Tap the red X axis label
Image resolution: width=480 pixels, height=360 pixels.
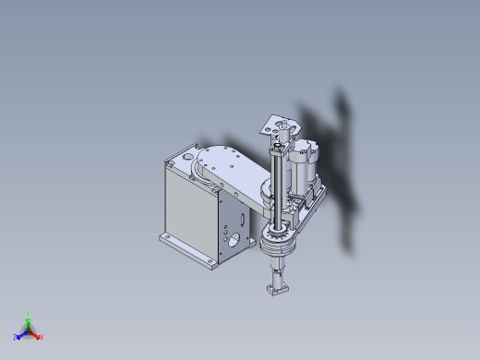(x=42, y=338)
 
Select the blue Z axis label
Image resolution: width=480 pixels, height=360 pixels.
(x=16, y=338)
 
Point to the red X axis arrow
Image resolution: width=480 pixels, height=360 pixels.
(x=35, y=334)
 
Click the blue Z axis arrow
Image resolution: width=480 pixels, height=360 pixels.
(x=22, y=334)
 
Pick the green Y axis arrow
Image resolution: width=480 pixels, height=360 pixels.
(x=29, y=323)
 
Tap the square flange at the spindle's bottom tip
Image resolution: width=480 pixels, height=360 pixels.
(x=276, y=291)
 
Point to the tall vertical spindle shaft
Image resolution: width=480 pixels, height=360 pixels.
(x=276, y=185)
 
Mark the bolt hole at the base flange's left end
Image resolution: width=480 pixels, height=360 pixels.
(x=166, y=237)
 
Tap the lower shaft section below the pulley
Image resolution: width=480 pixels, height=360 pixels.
(x=276, y=274)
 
